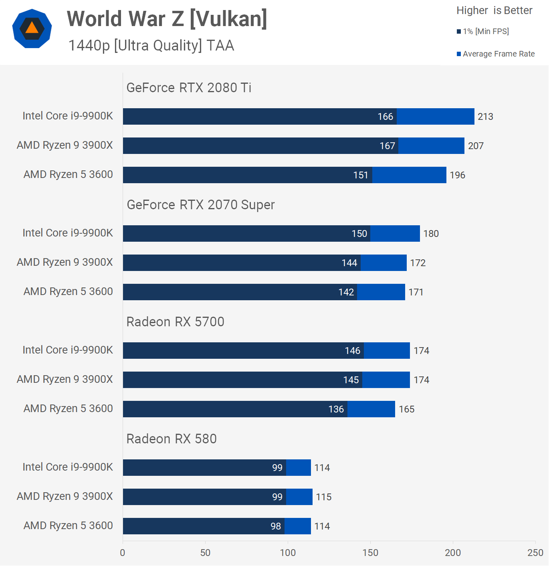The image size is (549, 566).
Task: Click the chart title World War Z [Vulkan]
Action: click(167, 19)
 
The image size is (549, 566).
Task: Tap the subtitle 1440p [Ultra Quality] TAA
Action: click(151, 46)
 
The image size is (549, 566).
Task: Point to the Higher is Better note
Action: click(494, 10)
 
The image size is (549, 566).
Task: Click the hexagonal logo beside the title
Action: click(32, 28)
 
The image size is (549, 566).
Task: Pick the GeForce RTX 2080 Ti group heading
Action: click(189, 88)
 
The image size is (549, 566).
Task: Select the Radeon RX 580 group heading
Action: click(172, 439)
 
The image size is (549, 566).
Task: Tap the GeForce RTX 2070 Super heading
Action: click(201, 205)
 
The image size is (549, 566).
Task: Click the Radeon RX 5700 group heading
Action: click(175, 322)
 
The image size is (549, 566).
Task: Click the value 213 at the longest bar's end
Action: click(485, 117)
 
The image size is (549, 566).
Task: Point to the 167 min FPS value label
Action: click(388, 146)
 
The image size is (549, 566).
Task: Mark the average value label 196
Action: click(457, 175)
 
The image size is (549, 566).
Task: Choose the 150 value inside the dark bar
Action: click(359, 234)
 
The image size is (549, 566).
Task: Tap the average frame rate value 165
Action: click(406, 409)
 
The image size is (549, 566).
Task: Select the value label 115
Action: click(324, 497)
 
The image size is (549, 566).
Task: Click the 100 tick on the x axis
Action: click(288, 553)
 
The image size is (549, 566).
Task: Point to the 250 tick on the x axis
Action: click(535, 553)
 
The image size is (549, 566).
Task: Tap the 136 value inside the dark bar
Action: click(336, 409)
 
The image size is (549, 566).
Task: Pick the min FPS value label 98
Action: click(276, 526)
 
